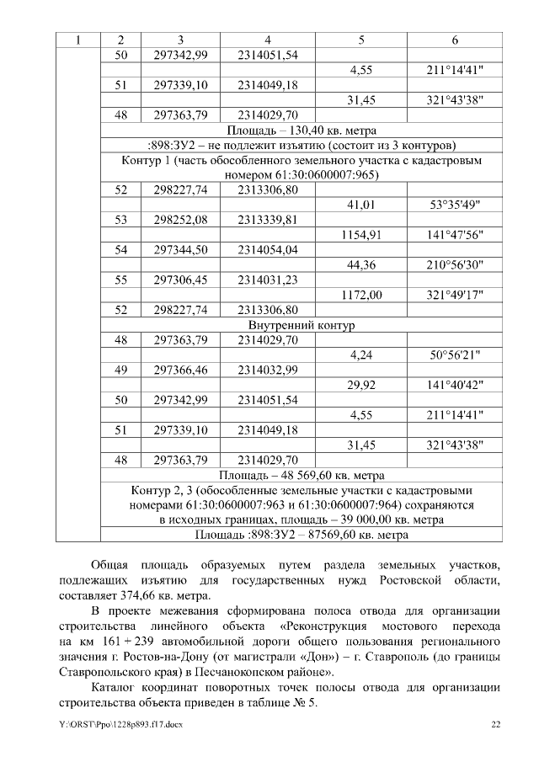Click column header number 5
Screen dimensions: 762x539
coord(361,40)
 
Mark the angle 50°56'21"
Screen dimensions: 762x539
coord(454,354)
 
